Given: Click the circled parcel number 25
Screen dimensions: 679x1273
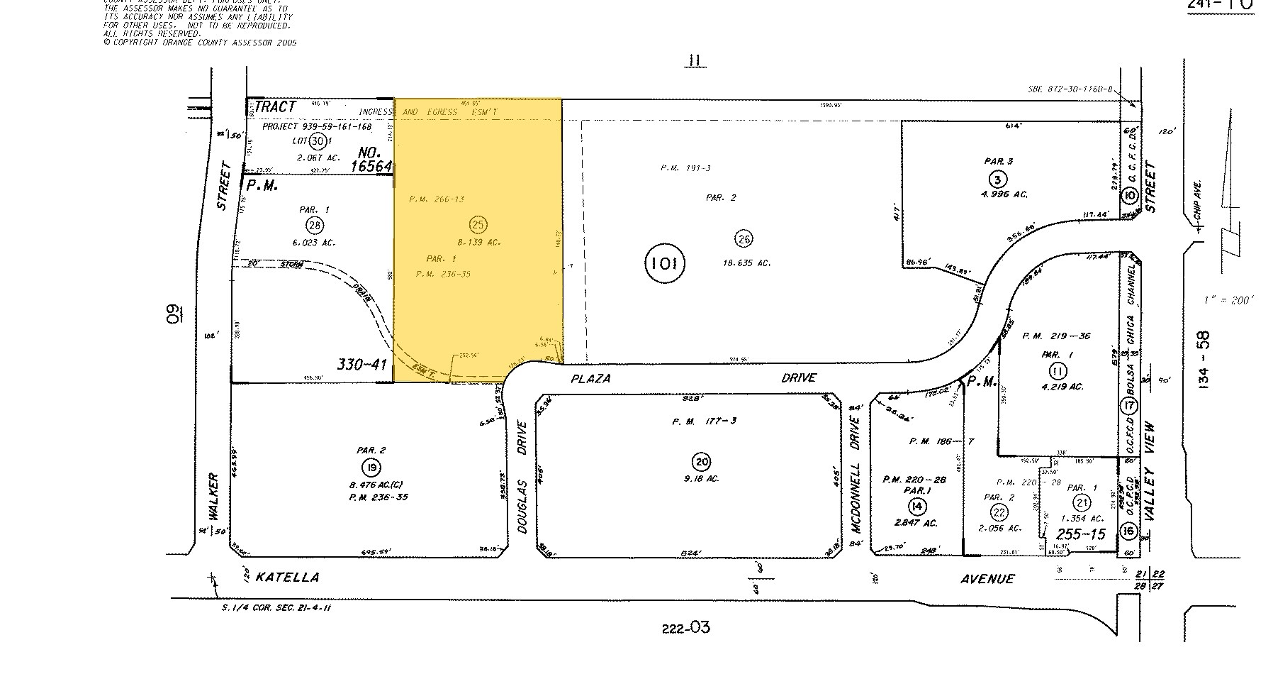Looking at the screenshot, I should (x=478, y=225).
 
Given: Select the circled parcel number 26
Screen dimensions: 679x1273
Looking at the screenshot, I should (x=743, y=238).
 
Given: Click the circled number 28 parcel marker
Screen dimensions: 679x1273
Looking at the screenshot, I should (x=314, y=226).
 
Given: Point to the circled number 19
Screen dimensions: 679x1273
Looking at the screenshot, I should (x=370, y=467).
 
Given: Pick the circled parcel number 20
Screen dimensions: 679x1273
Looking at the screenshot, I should (x=702, y=461).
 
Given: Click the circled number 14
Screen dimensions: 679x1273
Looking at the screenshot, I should (x=916, y=505).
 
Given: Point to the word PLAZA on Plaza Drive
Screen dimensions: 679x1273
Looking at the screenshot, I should (x=590, y=378).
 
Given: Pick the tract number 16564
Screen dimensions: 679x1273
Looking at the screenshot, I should (x=371, y=165).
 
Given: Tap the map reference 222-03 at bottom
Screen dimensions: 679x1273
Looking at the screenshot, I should (x=685, y=627).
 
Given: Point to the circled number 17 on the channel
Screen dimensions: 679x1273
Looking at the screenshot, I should (x=1128, y=407).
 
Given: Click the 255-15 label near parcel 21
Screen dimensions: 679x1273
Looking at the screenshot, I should (x=1080, y=534).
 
